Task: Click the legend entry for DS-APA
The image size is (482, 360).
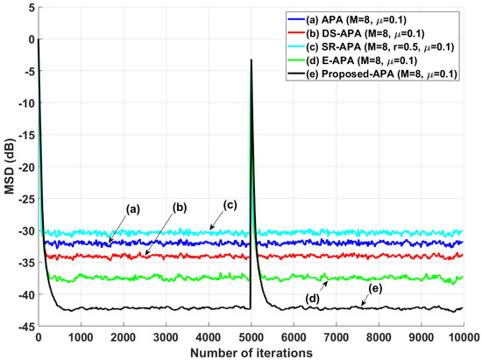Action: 376,33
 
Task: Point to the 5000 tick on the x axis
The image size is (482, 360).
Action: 252,336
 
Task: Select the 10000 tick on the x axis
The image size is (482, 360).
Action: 462,336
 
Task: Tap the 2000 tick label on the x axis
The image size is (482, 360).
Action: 124,336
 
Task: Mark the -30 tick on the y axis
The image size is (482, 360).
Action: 23,231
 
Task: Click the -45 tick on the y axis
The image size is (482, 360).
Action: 23,327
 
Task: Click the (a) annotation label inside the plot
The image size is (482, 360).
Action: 133,209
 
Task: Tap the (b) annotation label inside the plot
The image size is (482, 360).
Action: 180,208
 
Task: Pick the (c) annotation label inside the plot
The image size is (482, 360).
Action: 230,204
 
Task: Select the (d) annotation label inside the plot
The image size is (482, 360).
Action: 313,300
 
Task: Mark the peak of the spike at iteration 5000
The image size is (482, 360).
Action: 252,60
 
